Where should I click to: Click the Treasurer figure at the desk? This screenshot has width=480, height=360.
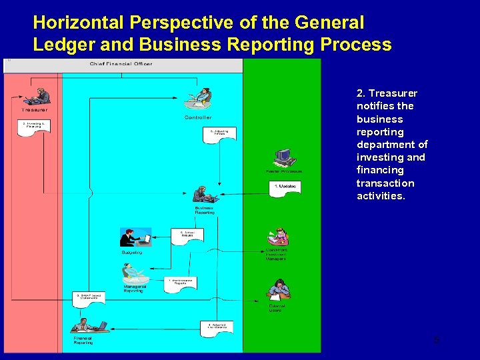(x=39, y=96)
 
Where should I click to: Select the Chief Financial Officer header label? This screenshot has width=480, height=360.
(x=121, y=64)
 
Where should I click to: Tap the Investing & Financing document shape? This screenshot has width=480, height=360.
(x=34, y=126)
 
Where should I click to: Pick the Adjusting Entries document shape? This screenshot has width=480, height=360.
(x=219, y=134)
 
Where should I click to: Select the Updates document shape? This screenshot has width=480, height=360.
(x=286, y=187)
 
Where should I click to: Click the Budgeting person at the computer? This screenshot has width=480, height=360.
(x=135, y=238)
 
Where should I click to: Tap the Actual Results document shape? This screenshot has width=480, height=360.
(x=187, y=236)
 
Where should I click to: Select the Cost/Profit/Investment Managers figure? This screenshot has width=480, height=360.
(x=277, y=237)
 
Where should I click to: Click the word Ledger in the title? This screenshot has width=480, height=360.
(x=63, y=45)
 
